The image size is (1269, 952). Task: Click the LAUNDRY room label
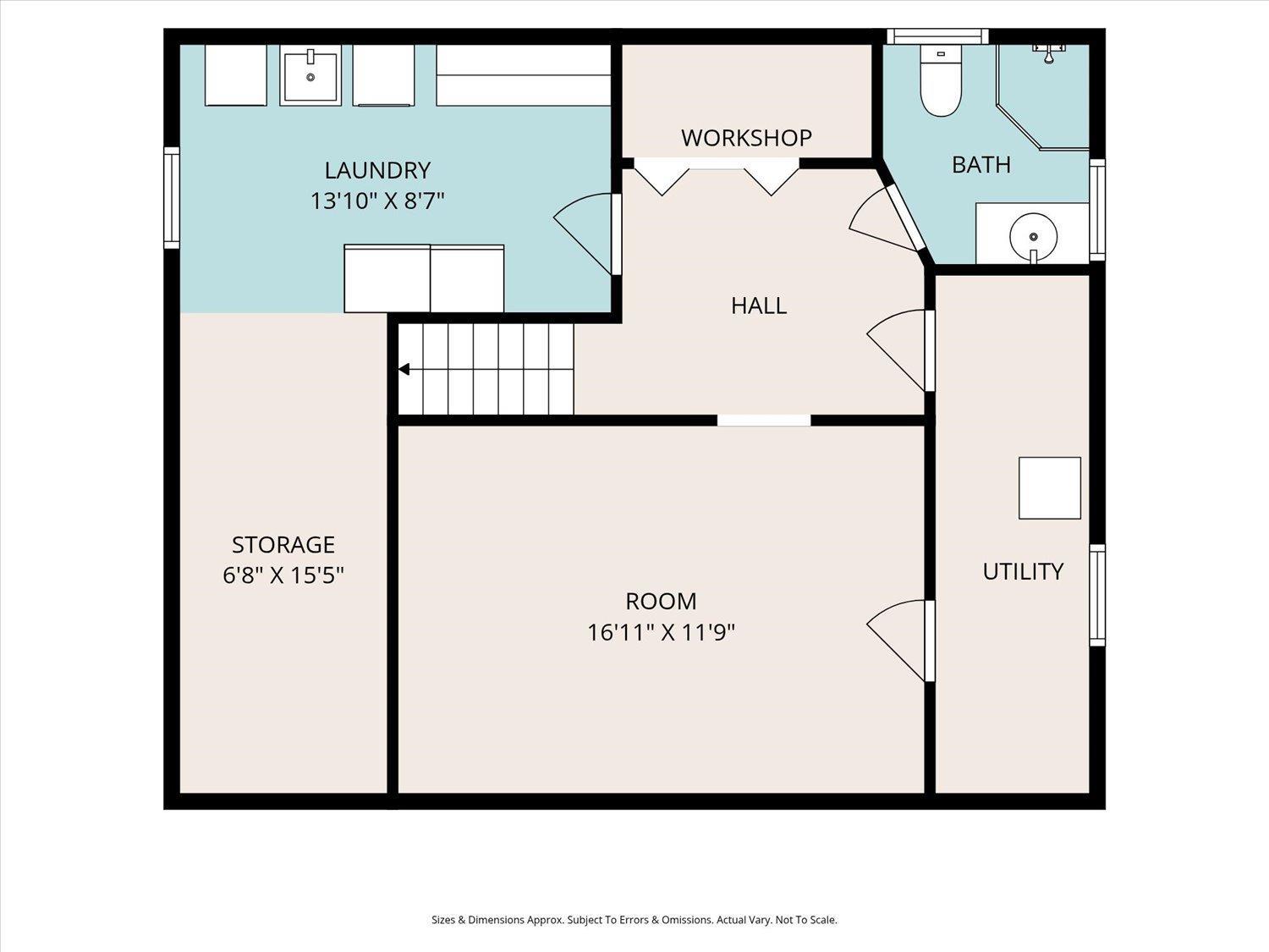(377, 171)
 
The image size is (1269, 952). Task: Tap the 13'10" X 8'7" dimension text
(377, 201)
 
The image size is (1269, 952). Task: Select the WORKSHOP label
(746, 138)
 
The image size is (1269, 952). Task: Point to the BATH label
(981, 165)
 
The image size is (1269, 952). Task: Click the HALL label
(759, 305)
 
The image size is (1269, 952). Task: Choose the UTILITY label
(1023, 572)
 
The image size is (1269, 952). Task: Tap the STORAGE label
(283, 544)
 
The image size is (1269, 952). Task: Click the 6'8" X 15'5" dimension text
(283, 575)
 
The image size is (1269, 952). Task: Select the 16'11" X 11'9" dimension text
(661, 632)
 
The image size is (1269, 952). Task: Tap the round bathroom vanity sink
(1033, 236)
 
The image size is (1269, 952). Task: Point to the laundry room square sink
(310, 75)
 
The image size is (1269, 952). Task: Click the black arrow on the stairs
(404, 369)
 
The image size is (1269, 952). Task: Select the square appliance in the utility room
(1049, 488)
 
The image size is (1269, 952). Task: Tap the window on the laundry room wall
(172, 198)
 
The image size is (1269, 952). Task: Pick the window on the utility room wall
(1097, 595)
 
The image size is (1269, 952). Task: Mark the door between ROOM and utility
(899, 641)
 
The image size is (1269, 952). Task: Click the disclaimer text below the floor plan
(634, 920)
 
